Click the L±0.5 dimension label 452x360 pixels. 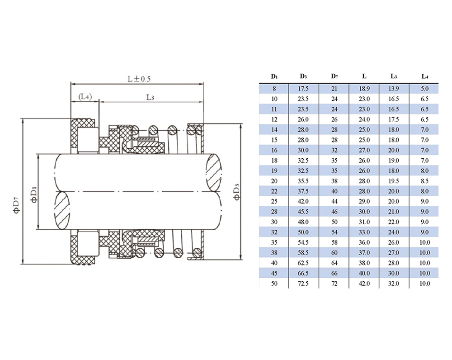click(x=139, y=79)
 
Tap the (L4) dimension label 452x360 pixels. click(x=85, y=97)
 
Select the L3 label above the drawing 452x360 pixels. click(x=150, y=97)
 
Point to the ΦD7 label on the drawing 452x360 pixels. click(x=16, y=205)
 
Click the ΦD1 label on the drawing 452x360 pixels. click(x=34, y=194)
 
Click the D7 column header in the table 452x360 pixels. click(x=334, y=76)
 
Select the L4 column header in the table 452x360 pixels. click(x=424, y=76)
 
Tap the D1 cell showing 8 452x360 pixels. click(x=274, y=89)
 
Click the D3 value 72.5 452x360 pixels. click(x=303, y=284)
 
